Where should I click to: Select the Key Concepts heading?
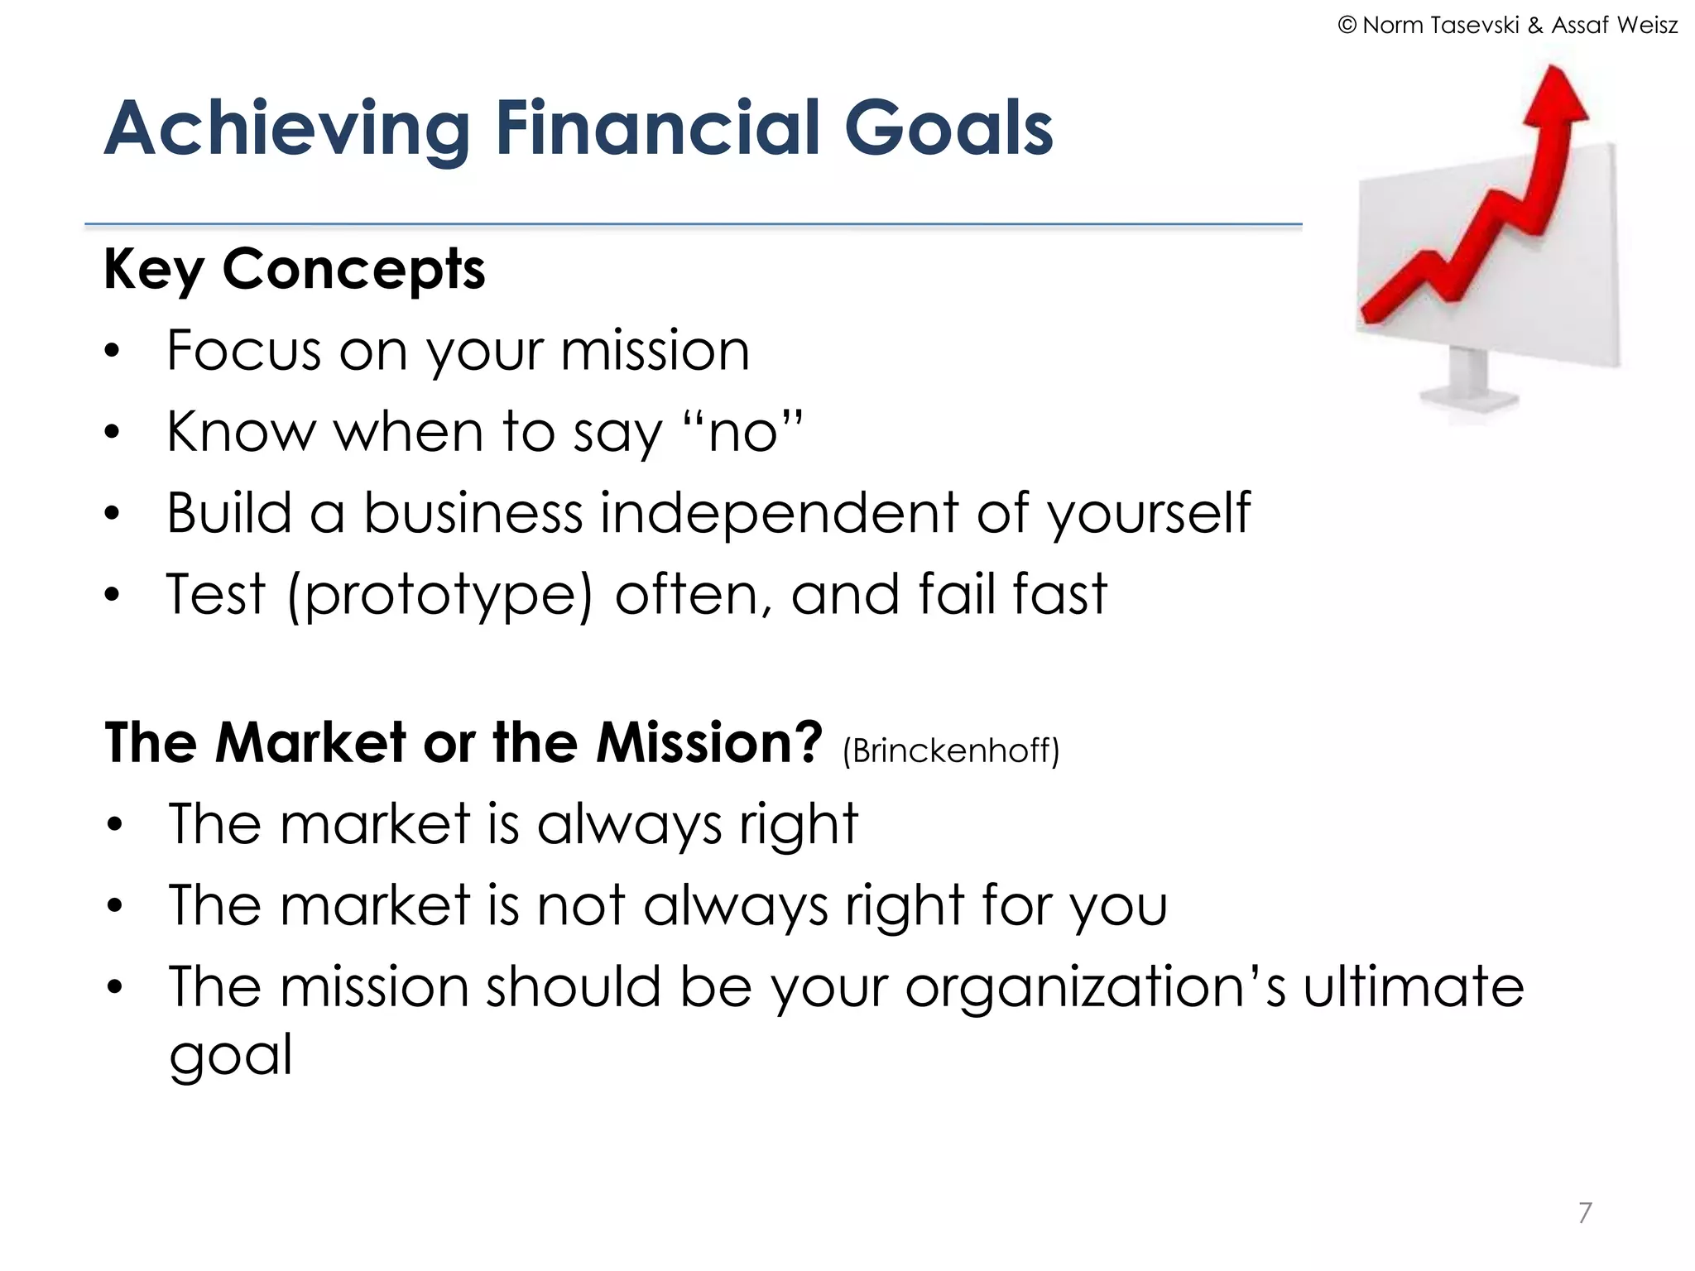(x=294, y=270)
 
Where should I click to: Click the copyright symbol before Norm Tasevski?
(x=1347, y=26)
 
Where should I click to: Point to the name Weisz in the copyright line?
(x=1646, y=26)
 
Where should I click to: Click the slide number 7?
(x=1584, y=1212)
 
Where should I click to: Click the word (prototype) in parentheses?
(x=439, y=595)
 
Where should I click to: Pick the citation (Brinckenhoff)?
(x=950, y=751)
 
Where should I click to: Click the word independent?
(x=777, y=513)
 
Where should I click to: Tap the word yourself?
(x=1150, y=513)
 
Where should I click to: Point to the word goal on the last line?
(x=230, y=1056)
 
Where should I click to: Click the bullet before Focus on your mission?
(x=113, y=352)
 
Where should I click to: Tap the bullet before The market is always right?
(x=114, y=825)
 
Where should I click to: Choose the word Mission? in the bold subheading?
(x=709, y=741)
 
